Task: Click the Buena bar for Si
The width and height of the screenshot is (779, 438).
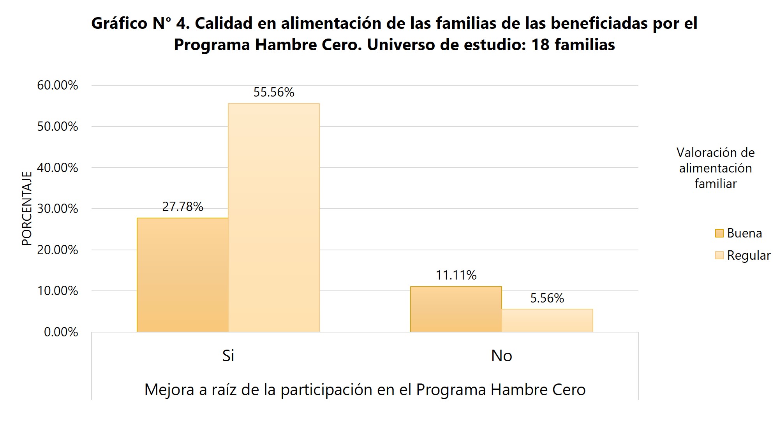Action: [182, 275]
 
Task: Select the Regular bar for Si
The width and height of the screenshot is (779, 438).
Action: [273, 218]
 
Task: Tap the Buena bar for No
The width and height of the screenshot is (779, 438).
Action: [456, 309]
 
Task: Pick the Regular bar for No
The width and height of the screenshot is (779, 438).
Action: [547, 320]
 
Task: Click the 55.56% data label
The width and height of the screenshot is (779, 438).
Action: [273, 92]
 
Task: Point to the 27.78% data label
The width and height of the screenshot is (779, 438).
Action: [182, 207]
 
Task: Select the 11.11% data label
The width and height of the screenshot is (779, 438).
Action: [456, 275]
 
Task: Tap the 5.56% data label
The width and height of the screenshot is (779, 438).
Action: [547, 298]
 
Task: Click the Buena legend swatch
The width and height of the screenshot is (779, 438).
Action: [719, 233]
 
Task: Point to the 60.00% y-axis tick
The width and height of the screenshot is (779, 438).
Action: [58, 85]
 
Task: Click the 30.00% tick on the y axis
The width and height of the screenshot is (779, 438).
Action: [58, 209]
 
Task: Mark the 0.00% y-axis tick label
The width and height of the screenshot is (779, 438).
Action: [61, 332]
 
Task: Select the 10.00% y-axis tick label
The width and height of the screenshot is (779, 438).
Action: [58, 291]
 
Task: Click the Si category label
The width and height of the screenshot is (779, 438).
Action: [228, 355]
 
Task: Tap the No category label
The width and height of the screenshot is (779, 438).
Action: [501, 355]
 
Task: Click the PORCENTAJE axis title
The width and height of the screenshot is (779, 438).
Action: [26, 208]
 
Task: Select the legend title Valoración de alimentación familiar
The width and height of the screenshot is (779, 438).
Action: [715, 168]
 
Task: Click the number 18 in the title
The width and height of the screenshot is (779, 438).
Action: [540, 45]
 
